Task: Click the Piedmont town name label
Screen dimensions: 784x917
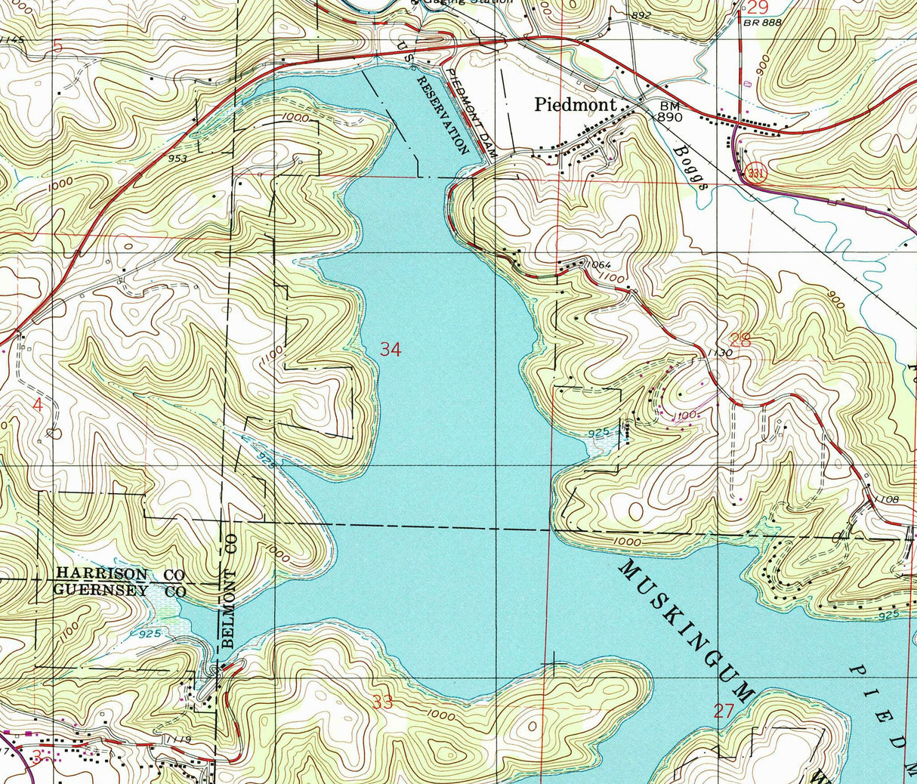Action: [576, 105]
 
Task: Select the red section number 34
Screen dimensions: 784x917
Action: [391, 349]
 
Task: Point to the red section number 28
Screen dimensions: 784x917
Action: [740, 341]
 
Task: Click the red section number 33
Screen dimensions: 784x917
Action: [383, 702]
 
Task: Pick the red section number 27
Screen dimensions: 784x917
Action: [724, 710]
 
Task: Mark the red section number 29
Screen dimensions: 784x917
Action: [758, 8]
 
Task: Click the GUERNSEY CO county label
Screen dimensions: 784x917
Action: [120, 591]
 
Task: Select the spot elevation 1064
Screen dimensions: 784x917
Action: [597, 265]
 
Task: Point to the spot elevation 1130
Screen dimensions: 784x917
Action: [721, 353]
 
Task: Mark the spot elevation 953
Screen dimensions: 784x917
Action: [178, 159]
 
